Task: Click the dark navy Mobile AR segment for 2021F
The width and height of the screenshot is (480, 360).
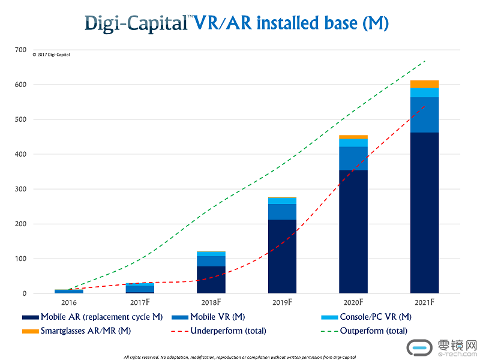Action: click(424, 213)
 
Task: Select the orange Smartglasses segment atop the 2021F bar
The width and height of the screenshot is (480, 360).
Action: click(424, 84)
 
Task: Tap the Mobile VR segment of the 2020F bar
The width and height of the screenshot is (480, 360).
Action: click(353, 158)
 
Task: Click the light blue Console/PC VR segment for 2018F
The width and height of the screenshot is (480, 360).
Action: click(211, 254)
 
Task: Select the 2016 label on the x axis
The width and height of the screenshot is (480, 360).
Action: click(68, 302)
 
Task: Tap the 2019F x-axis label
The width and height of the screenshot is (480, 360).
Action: click(283, 302)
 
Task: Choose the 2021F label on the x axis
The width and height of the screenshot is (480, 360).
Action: click(425, 302)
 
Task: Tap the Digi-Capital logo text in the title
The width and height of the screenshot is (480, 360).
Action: click(137, 23)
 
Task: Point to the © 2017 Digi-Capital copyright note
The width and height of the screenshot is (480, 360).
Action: click(51, 55)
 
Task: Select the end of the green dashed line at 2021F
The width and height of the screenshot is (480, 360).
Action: click(425, 61)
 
